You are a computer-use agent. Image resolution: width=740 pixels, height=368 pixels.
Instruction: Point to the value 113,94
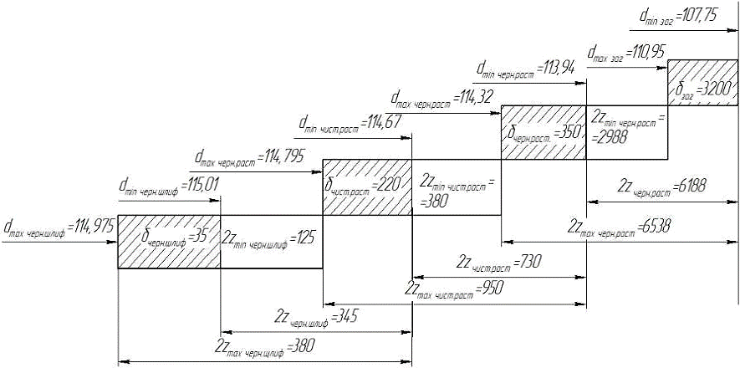(556, 67)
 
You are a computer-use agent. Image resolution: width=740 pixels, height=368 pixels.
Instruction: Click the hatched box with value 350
(542, 132)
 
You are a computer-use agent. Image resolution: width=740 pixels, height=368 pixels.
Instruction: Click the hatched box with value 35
(168, 242)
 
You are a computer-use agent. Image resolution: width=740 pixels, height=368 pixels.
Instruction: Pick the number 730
(528, 261)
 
